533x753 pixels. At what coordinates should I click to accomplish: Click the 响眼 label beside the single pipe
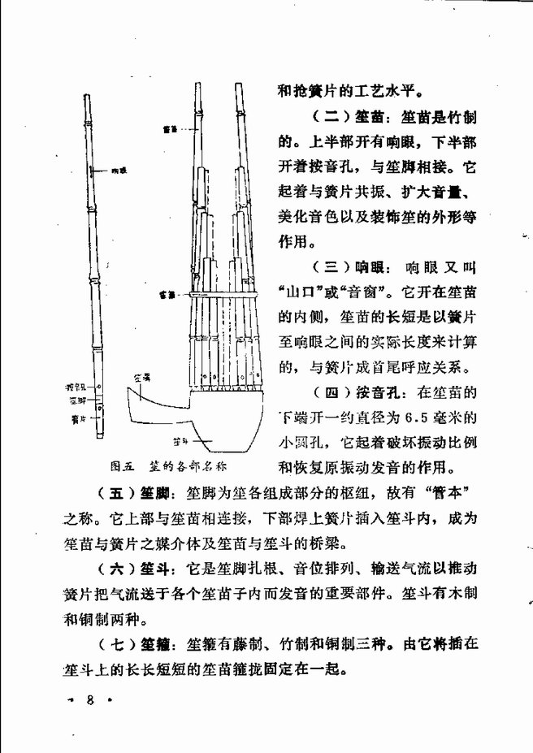tap(117, 171)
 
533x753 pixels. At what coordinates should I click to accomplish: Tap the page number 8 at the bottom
tap(92, 699)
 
